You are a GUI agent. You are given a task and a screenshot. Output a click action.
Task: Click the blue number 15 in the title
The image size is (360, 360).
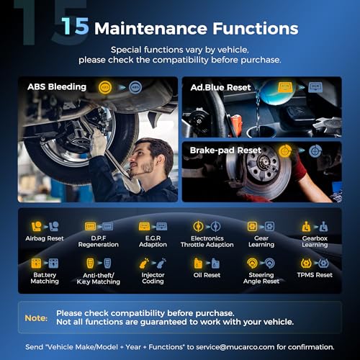point(75,26)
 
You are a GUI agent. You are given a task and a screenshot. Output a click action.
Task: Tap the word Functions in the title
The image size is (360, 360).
point(256,28)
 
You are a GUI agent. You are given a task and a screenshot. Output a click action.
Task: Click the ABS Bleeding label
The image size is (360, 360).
point(57,86)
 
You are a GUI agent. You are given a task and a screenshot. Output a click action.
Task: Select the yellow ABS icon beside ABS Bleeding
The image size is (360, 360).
point(105,87)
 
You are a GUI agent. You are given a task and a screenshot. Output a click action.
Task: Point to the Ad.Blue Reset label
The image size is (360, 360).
point(220,87)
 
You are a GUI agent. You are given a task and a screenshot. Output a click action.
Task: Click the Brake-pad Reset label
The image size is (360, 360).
point(225,150)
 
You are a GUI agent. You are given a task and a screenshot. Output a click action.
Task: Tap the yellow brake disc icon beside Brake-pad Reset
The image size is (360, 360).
point(285,151)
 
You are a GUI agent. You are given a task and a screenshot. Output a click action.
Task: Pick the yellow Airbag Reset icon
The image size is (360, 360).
point(36,226)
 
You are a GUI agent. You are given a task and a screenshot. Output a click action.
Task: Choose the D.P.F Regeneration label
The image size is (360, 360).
point(99,241)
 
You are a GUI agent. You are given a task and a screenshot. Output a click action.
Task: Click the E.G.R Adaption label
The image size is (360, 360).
point(153,241)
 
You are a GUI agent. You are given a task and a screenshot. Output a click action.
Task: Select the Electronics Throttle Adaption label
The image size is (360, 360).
point(207,241)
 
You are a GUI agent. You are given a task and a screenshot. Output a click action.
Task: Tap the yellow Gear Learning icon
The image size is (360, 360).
point(252,226)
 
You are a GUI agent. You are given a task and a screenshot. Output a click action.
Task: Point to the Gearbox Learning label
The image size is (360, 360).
point(315,241)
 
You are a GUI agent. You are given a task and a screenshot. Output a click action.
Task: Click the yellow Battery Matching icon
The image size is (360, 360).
point(36,263)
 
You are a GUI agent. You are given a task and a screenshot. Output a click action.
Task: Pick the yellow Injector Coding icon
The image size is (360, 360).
point(144,264)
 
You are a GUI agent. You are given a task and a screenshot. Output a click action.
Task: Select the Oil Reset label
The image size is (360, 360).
point(207,275)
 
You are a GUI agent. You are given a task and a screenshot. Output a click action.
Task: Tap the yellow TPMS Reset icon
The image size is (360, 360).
point(306,263)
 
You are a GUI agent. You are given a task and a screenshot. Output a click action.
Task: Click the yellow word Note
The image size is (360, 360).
point(36,318)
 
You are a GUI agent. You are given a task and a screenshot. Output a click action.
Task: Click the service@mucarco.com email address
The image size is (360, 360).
point(235,347)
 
